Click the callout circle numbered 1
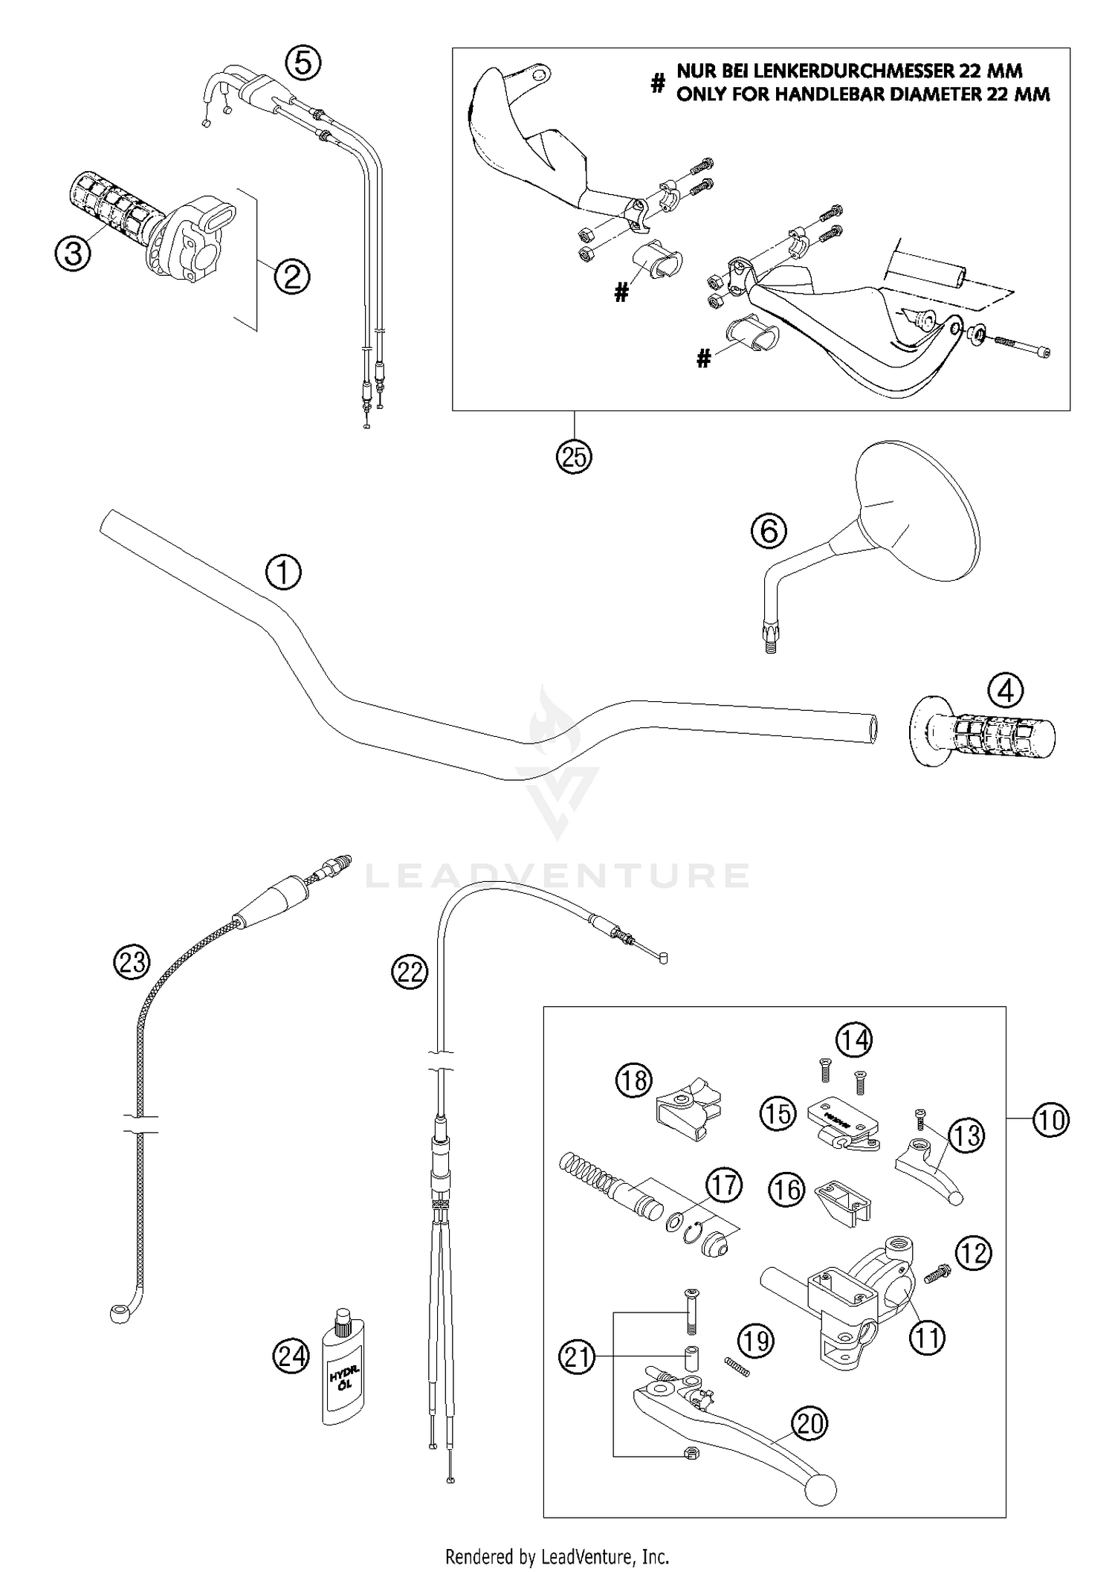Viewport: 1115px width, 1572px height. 283,573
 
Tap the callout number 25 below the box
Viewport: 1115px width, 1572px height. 574,457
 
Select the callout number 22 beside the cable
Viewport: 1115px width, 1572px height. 410,972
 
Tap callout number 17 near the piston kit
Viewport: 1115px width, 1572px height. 724,1185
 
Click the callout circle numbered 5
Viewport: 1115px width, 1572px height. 304,63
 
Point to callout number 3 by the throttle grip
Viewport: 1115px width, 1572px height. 73,254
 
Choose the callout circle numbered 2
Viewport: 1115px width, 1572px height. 291,277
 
